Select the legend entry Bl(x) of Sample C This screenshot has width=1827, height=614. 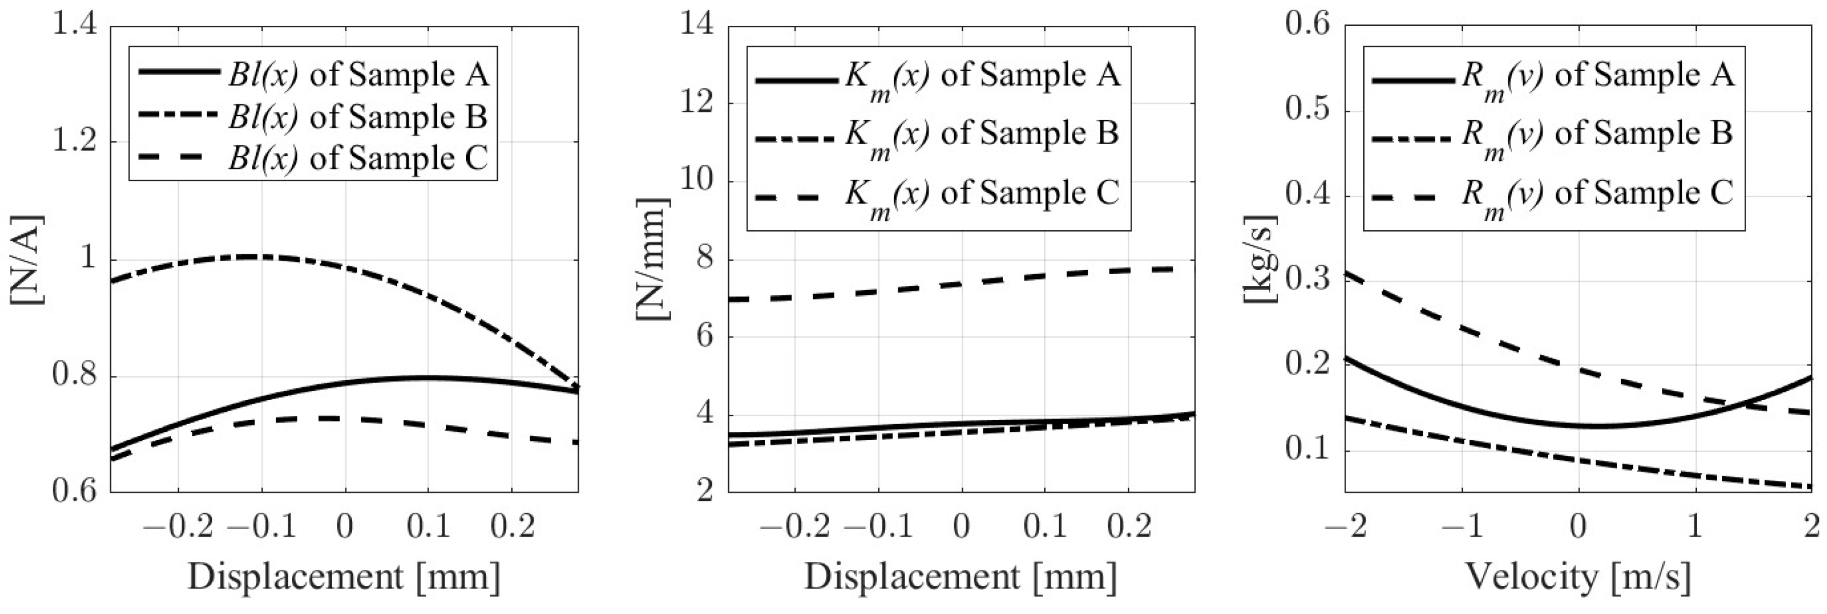358,158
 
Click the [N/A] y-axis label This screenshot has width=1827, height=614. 27,259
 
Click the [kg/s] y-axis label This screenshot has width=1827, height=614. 1261,259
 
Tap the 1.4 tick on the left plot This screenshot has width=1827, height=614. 75,26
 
